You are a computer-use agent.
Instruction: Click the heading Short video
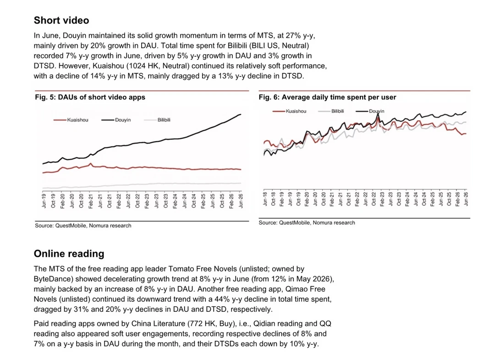coord(61,21)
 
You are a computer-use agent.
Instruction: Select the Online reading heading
coord(69,254)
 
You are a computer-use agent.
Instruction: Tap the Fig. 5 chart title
coord(90,97)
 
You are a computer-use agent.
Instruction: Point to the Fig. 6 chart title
coord(327,97)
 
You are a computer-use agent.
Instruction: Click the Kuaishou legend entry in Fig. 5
coord(71,120)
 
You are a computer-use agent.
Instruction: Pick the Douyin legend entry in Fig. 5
coord(116,120)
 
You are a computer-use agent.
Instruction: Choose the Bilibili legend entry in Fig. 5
coord(157,120)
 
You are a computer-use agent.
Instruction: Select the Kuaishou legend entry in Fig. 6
coord(289,111)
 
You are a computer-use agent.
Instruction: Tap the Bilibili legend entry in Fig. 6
coord(331,111)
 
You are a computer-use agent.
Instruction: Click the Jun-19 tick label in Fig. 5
coord(44,201)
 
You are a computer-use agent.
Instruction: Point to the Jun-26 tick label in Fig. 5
coord(241,201)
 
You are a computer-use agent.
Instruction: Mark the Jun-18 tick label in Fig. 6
coord(265,199)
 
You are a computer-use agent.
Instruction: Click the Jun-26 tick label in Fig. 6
coord(466,199)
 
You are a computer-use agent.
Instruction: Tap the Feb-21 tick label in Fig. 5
coord(91,201)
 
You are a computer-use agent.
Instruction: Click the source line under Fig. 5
coord(83,226)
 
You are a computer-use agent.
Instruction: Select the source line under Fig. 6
coord(307,222)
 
